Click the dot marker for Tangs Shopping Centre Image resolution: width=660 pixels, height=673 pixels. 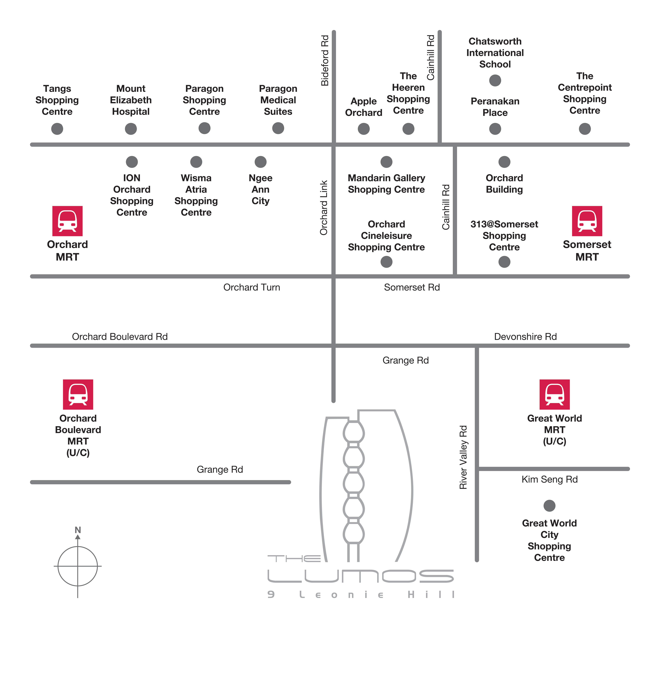click(57, 129)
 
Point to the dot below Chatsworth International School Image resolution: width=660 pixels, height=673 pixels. click(495, 80)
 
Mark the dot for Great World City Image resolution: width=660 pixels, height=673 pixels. click(549, 506)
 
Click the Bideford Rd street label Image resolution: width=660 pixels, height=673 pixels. click(324, 61)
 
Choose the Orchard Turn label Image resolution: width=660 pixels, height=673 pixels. click(252, 287)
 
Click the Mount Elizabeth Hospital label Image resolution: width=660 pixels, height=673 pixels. click(131, 100)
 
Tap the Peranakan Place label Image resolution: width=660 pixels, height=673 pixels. click(495, 107)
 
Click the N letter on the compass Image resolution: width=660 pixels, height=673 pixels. click(78, 530)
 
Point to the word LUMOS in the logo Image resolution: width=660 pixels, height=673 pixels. click(360, 576)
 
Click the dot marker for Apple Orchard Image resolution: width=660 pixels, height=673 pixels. click(364, 129)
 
